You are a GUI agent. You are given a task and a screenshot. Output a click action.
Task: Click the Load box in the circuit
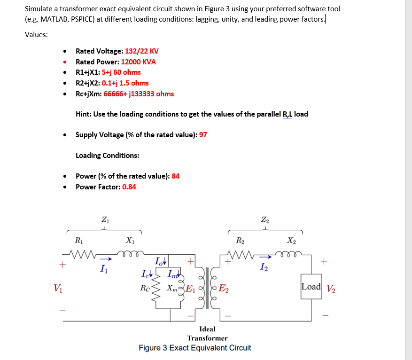pyautogui.click(x=311, y=287)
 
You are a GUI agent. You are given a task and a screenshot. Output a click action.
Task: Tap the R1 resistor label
pyautogui.click(x=78, y=240)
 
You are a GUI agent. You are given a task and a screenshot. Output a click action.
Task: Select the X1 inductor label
pyautogui.click(x=129, y=240)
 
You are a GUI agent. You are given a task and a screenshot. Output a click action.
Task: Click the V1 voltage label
pyautogui.click(x=57, y=288)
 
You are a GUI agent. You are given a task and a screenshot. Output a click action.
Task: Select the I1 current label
pyautogui.click(x=103, y=269)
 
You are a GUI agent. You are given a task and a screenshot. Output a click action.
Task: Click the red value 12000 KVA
pyautogui.click(x=139, y=62)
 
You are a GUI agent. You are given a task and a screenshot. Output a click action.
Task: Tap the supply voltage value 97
pyautogui.click(x=203, y=135)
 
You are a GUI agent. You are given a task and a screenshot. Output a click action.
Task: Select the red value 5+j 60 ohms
pyautogui.click(x=121, y=72)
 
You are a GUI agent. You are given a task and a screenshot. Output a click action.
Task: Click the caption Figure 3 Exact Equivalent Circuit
pyautogui.click(x=194, y=348)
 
